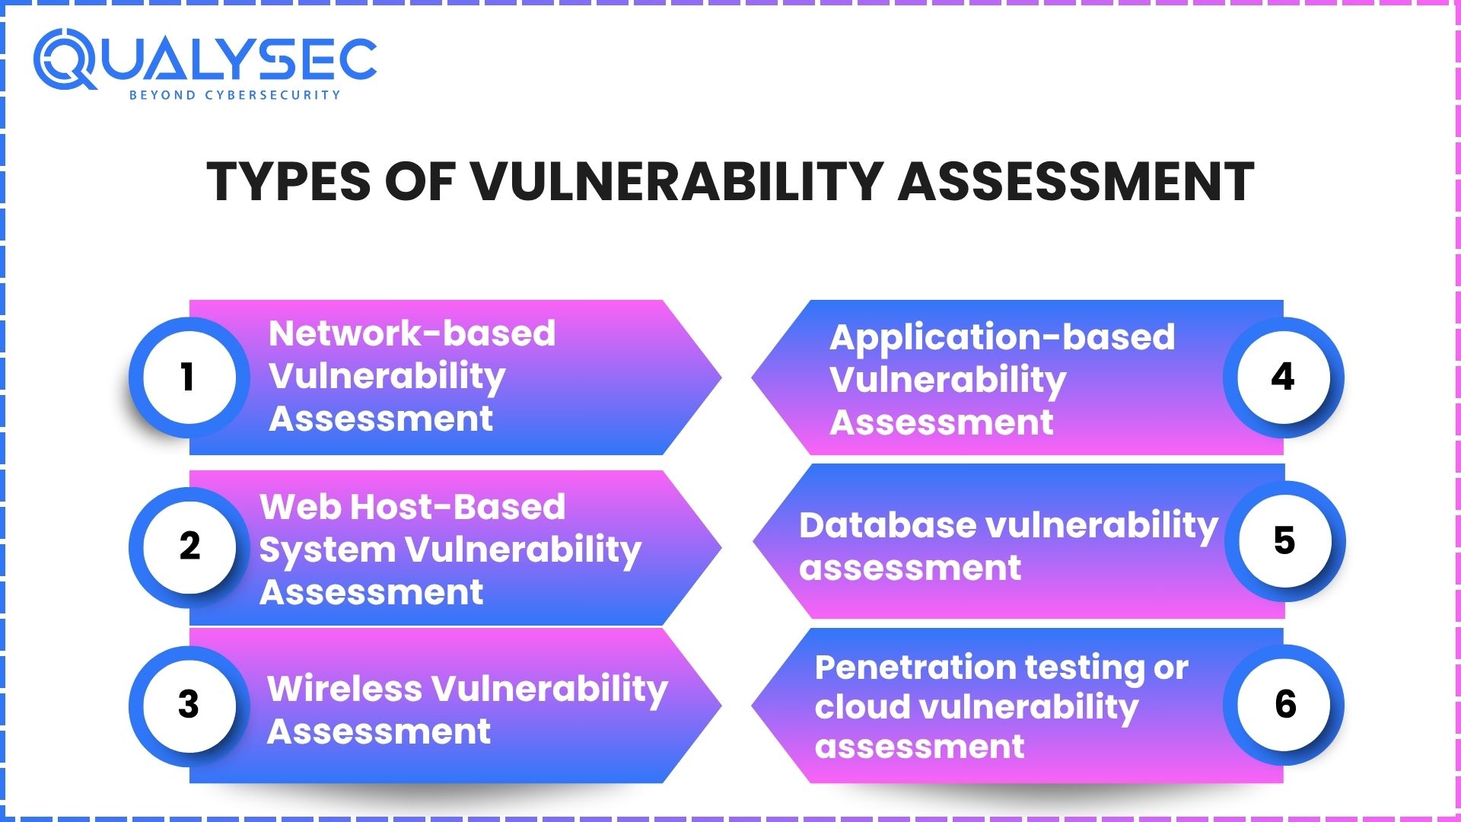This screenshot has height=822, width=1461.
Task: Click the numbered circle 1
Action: (189, 378)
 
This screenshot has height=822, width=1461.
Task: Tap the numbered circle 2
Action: (189, 547)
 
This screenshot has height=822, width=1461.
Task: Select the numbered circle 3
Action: (189, 706)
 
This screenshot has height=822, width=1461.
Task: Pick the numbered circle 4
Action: (1284, 378)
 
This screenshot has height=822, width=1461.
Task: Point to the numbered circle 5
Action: (1285, 541)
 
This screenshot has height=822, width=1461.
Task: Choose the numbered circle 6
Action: (1284, 706)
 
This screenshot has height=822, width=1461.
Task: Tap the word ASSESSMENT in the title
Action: (1076, 182)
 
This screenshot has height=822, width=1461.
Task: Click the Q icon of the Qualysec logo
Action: (65, 59)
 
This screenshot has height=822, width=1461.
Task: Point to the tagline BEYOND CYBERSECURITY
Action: (234, 95)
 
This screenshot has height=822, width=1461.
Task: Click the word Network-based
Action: (412, 333)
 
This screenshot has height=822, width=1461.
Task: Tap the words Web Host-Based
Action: (412, 507)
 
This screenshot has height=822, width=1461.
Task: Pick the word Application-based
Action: (1002, 338)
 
